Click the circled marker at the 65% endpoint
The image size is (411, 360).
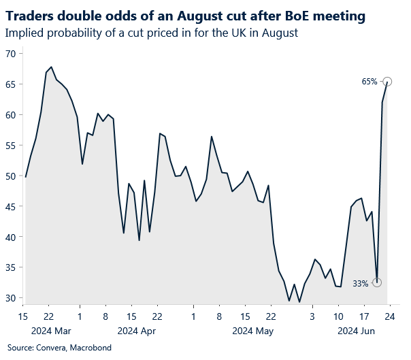(x=387, y=82)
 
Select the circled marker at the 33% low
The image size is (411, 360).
(x=377, y=282)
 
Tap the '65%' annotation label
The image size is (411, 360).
(x=369, y=82)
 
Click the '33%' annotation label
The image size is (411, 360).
(x=360, y=283)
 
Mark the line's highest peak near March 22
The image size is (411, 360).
(x=52, y=67)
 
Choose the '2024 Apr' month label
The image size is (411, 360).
(x=137, y=331)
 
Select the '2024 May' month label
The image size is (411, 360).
(x=252, y=331)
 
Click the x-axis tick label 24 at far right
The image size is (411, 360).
(x=389, y=316)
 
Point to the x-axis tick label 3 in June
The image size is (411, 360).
(x=312, y=316)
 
